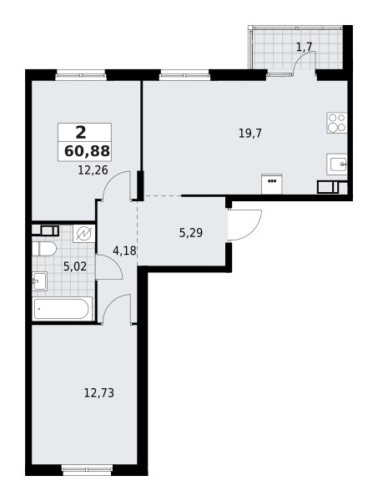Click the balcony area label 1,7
pyautogui.click(x=304, y=47)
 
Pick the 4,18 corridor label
pyautogui.click(x=124, y=250)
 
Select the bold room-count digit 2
pyautogui.click(x=80, y=131)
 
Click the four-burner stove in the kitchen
pyautogui.click(x=337, y=124)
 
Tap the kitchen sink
pyautogui.click(x=338, y=163)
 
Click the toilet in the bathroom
pyautogui.click(x=45, y=249)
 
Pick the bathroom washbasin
pyautogui.click(x=39, y=281)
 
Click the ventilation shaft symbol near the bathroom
pyautogui.click(x=83, y=234)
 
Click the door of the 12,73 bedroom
pyautogui.click(x=117, y=309)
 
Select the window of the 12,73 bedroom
pyautogui.click(x=87, y=470)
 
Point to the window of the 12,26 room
pyautogui.click(x=82, y=76)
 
